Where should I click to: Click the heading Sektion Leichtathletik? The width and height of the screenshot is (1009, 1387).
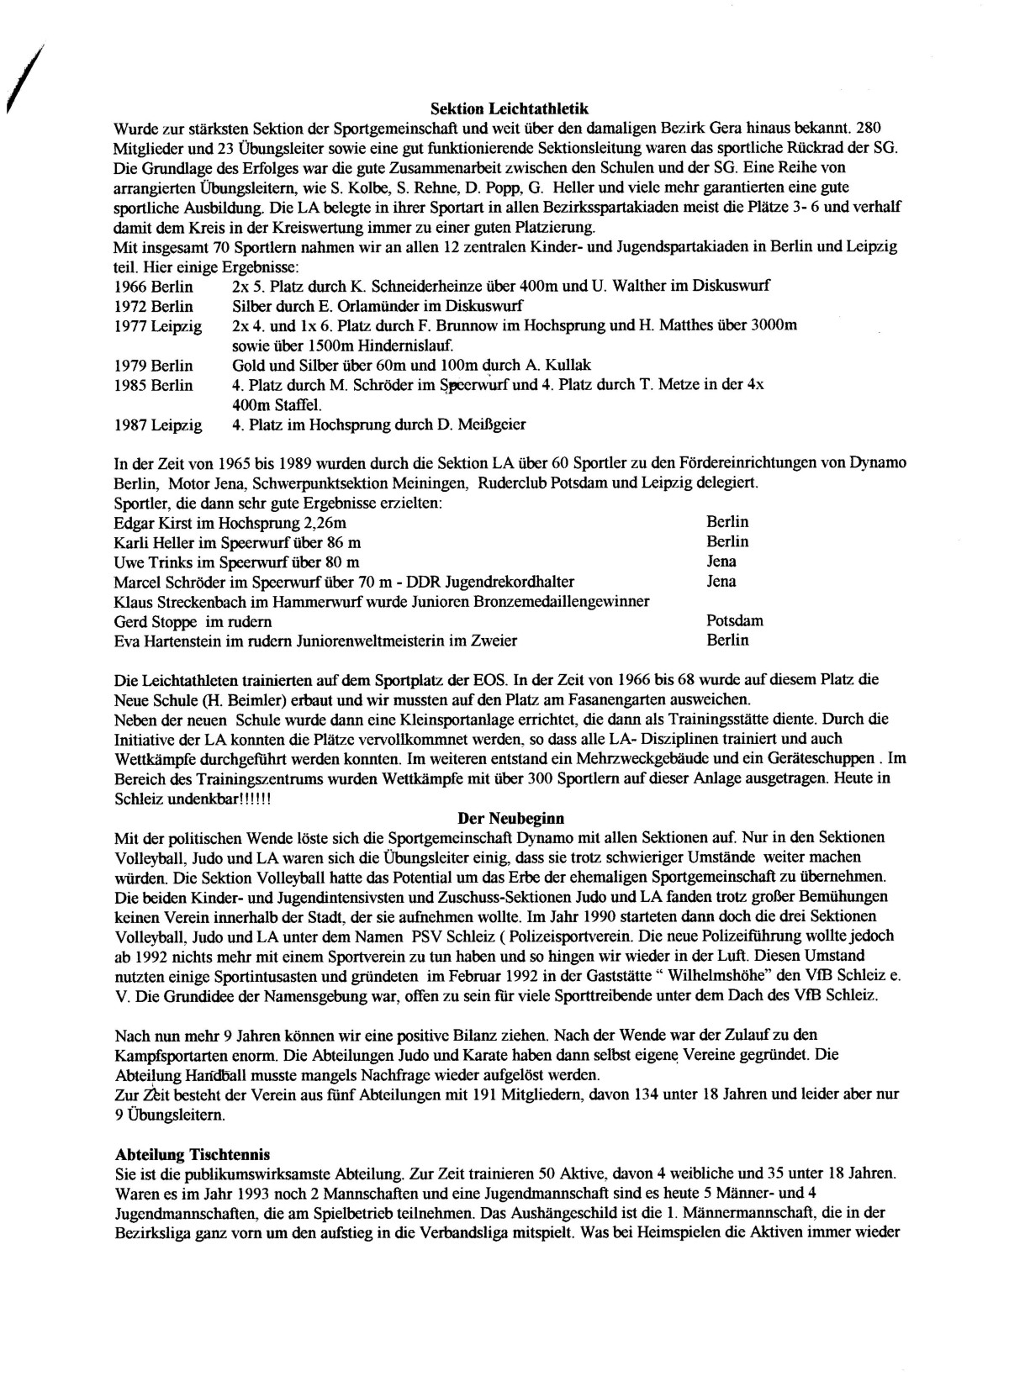[509, 108]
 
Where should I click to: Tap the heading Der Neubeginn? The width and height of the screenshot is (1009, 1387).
[510, 817]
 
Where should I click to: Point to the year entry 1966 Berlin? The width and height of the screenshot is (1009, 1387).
[153, 286]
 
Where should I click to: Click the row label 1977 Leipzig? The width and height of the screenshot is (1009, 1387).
[158, 326]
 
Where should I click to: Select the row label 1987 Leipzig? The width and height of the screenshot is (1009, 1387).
[158, 425]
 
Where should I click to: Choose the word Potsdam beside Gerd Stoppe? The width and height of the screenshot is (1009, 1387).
[735, 621]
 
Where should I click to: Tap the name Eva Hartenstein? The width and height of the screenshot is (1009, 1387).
[160, 641]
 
